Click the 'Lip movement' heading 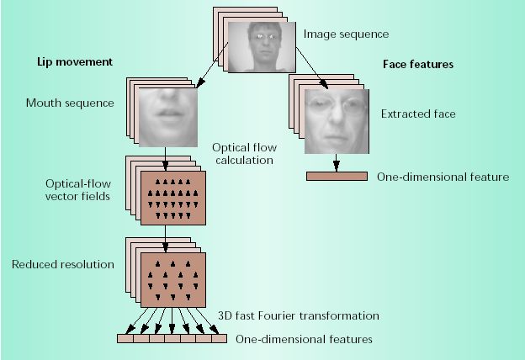[75, 62]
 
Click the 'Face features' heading [418, 63]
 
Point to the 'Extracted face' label [418, 113]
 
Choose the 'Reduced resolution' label [62, 264]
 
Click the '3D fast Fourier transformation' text [299, 315]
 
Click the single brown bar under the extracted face [336, 177]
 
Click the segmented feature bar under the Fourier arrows [172, 339]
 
